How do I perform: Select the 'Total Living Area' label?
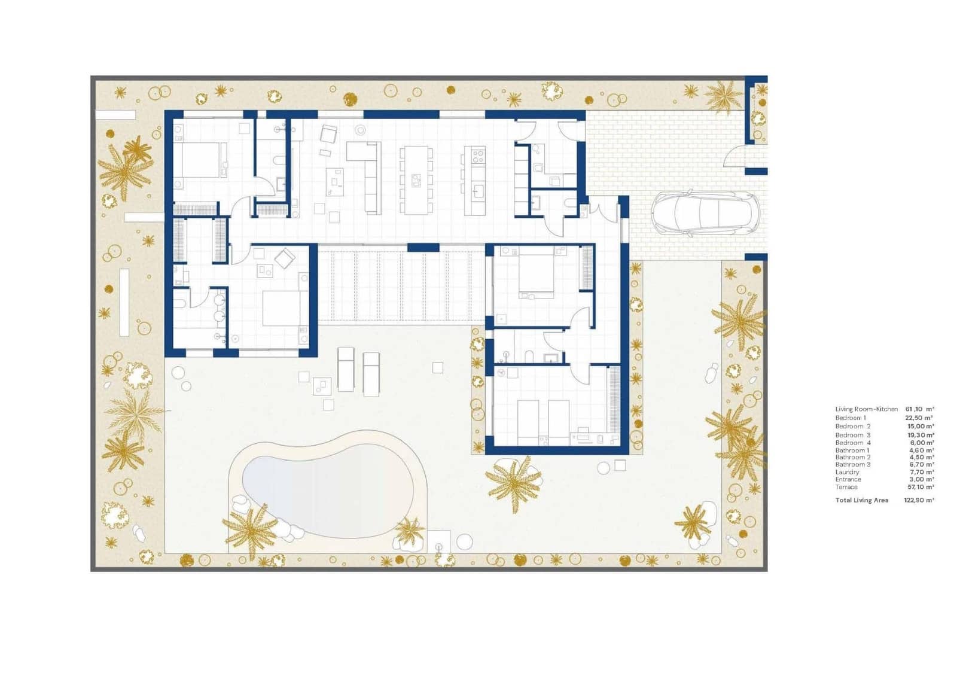pos(861,500)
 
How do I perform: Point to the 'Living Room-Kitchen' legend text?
pos(866,409)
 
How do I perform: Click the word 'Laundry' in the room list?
pos(847,472)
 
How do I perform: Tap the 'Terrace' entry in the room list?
pos(846,487)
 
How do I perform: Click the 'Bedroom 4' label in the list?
pos(852,443)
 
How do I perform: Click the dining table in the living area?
pos(416,179)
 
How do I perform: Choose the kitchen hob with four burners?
pos(478,157)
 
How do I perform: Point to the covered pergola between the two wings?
pos(401,286)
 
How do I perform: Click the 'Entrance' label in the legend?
pos(848,479)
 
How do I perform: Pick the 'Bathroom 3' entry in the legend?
pos(852,464)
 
